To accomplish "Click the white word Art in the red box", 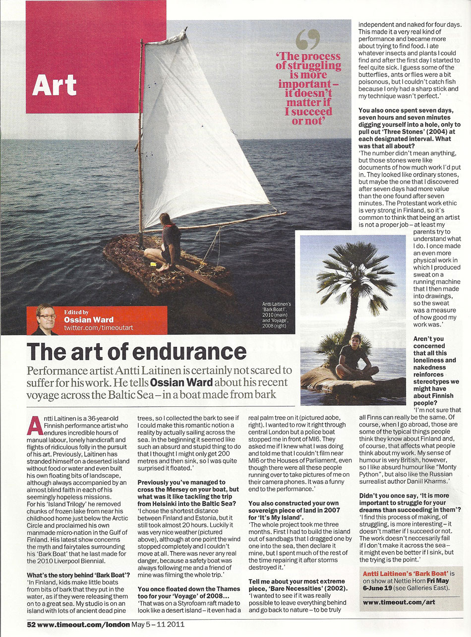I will click(x=55, y=85).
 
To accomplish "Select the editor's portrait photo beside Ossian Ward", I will click(x=45, y=319).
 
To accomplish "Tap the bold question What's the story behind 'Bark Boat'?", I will click(x=78, y=575).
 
